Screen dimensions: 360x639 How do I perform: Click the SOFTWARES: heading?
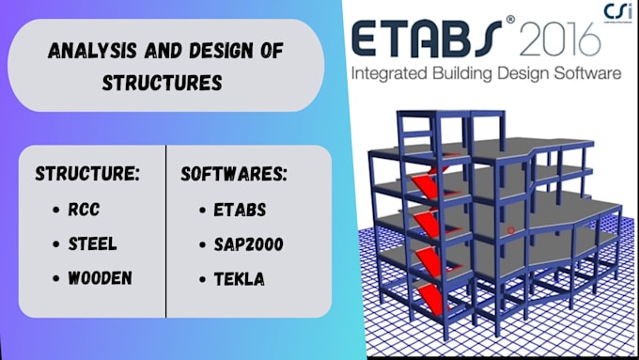click(234, 176)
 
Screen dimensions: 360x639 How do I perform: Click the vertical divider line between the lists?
click(166, 230)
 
